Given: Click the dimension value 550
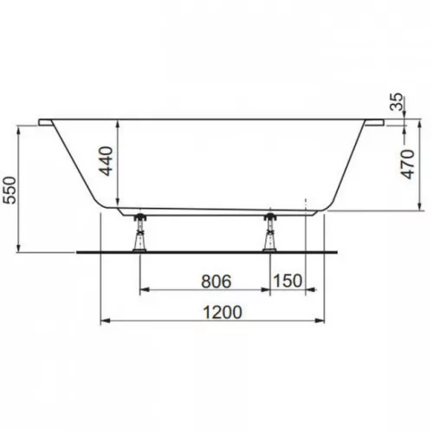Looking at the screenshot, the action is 10,190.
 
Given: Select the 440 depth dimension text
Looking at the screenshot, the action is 106,161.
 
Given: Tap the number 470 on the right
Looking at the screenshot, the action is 408,164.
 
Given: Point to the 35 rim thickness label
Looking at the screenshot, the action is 396,101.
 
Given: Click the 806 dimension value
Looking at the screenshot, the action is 216,281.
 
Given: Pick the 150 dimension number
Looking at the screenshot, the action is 288,281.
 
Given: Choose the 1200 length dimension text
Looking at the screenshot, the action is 223,313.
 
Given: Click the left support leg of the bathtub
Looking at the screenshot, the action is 139,232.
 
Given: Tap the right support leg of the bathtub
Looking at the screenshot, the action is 270,232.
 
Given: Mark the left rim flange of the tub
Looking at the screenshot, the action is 46,122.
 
